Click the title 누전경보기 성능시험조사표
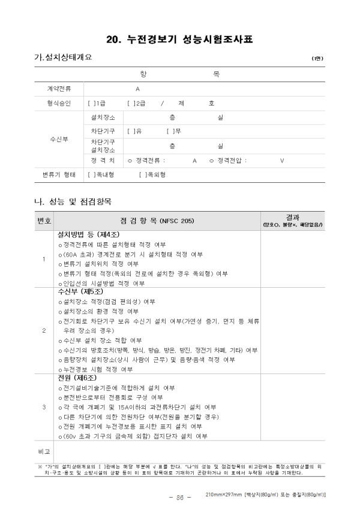179,40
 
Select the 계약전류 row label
59,88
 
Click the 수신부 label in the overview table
59,139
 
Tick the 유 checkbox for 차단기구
130,131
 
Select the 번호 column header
44,221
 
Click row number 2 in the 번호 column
44,330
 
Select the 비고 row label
44,450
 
